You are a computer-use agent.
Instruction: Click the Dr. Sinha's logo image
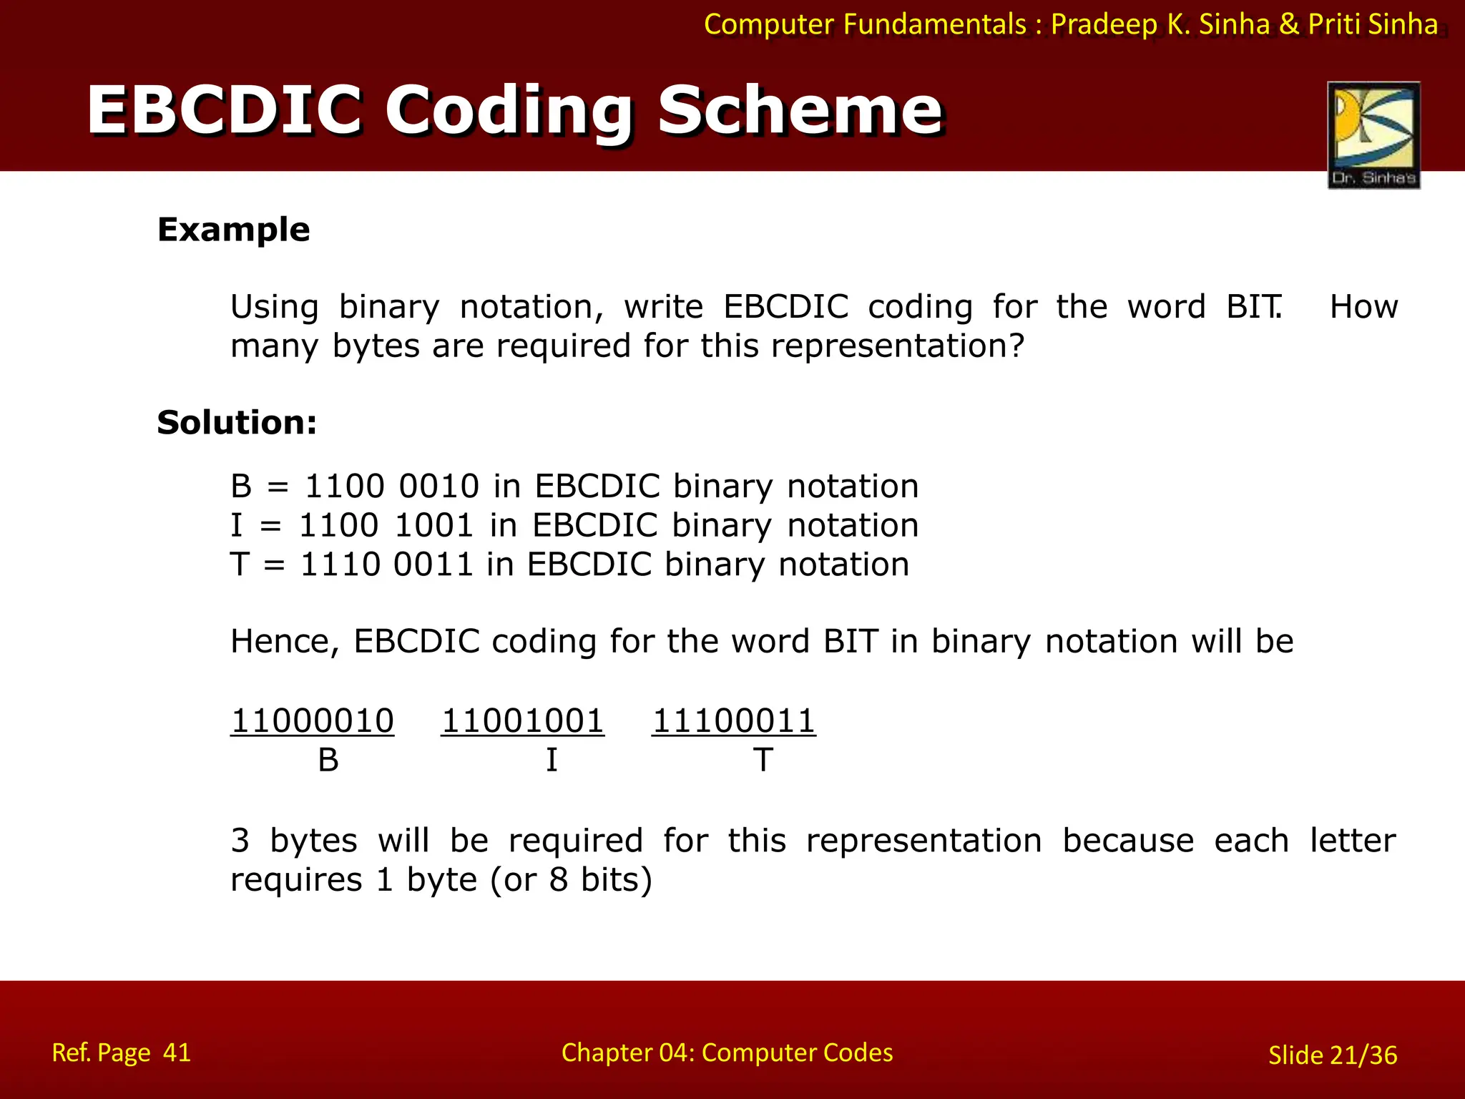(x=1373, y=135)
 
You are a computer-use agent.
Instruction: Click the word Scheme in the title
(x=800, y=111)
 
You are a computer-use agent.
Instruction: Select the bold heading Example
(x=233, y=230)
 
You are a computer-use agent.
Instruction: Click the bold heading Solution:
(x=237, y=422)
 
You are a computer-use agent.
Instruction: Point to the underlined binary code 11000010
(x=312, y=721)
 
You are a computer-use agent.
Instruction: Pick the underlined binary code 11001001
(x=523, y=721)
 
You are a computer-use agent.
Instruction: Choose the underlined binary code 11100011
(x=734, y=721)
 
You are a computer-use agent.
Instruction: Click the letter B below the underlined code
(x=328, y=760)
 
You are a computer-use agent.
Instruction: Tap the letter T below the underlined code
(x=763, y=760)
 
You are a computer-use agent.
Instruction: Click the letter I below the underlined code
(x=552, y=760)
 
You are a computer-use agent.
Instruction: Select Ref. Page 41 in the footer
(x=122, y=1052)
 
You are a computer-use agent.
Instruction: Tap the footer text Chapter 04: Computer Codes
(x=727, y=1052)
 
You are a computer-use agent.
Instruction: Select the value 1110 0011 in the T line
(x=387, y=565)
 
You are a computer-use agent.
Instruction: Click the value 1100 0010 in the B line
(x=391, y=487)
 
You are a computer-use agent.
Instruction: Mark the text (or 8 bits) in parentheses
(x=571, y=880)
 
